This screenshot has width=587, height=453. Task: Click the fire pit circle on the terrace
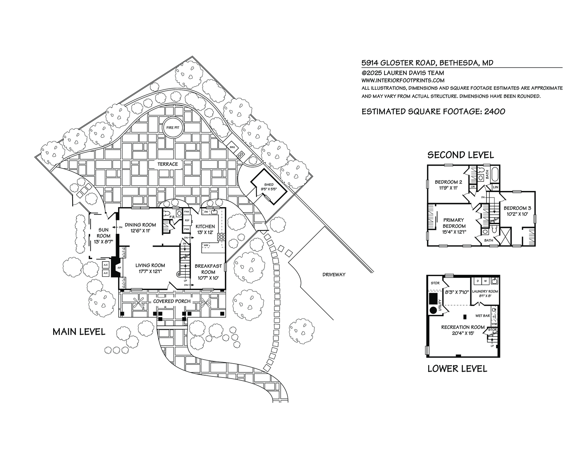coord(173,128)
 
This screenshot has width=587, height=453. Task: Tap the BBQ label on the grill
coord(232,147)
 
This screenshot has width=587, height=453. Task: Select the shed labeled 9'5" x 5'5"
coord(269,187)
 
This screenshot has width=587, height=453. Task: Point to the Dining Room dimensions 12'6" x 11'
coord(141,231)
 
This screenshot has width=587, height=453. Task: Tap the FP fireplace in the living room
coord(119,268)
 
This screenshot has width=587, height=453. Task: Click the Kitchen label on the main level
coord(205,226)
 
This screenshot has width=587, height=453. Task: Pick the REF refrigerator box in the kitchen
coord(187,220)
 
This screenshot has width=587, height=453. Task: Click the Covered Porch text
coord(172,301)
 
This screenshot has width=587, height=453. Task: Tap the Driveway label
coord(334,275)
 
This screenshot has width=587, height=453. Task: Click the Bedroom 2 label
coord(448,182)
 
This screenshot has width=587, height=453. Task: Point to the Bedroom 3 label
coord(517,208)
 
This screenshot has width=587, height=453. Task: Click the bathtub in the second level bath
coord(495,173)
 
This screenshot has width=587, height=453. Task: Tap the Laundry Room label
coord(485,291)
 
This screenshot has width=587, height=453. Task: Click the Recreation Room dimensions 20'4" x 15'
coord(463,333)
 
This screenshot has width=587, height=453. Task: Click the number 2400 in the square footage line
coord(495,111)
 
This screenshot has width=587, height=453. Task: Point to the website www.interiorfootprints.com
coord(403,80)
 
